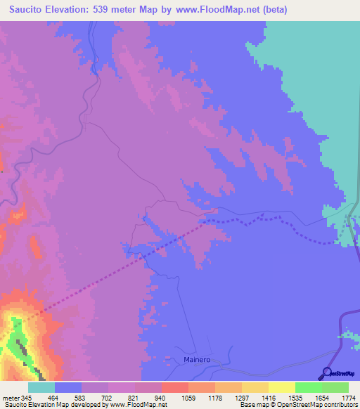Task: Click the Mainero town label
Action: (197, 359)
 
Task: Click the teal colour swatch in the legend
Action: (41, 387)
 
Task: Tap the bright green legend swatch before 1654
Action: (308, 387)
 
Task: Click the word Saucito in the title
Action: (23, 9)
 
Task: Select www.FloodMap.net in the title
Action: (214, 9)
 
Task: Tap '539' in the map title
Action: (102, 9)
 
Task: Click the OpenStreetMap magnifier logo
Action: (327, 372)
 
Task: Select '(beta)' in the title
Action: (271, 9)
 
